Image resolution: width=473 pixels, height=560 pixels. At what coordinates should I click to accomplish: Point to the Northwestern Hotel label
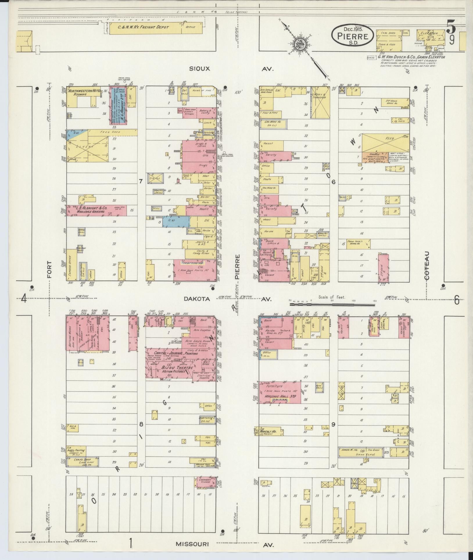[x=84, y=91]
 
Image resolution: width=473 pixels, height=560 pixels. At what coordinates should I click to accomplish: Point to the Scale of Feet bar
[x=332, y=305]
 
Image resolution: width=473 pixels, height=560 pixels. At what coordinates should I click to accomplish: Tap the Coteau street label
[x=427, y=265]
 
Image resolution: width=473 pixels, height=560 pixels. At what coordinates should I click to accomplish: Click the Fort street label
[x=49, y=269]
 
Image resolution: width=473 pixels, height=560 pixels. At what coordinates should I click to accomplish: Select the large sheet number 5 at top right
[x=451, y=27]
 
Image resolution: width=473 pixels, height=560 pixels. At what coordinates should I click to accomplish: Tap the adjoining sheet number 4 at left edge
[x=24, y=299]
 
